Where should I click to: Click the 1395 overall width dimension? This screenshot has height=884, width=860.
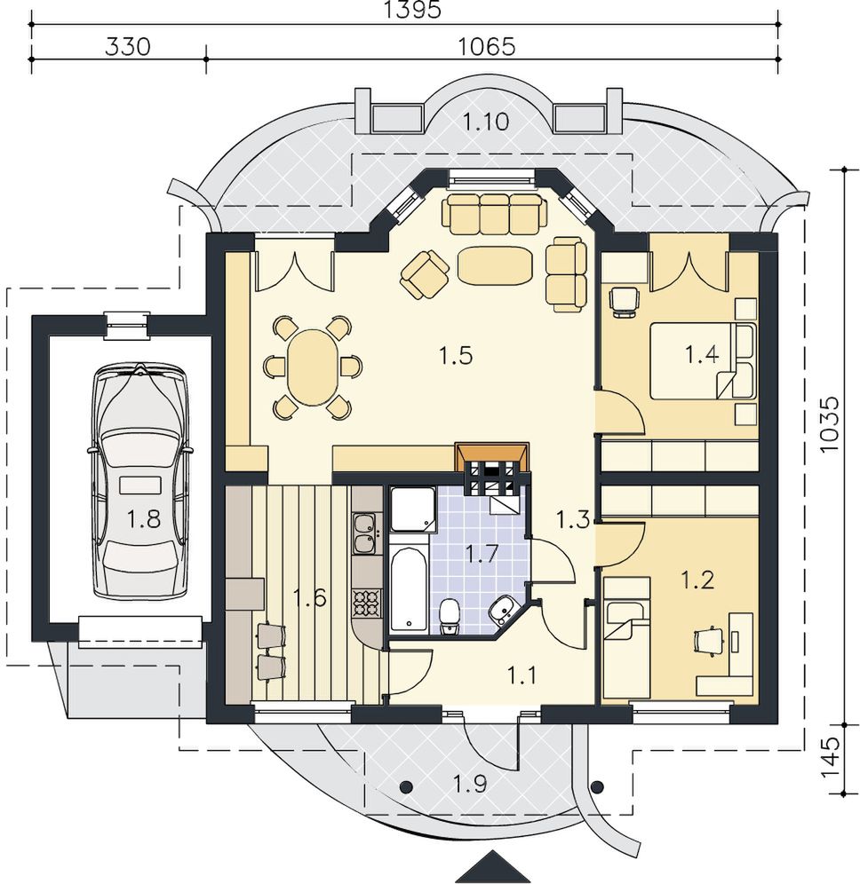(x=411, y=10)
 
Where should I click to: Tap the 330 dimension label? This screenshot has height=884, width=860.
(x=128, y=46)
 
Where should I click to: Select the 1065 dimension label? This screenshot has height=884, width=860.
(x=486, y=46)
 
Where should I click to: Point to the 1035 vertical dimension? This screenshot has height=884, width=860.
(x=830, y=424)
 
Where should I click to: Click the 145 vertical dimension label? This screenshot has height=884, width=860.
(x=830, y=758)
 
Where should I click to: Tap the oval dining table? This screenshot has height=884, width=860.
(x=314, y=367)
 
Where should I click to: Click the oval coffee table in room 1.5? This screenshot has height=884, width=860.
(x=495, y=265)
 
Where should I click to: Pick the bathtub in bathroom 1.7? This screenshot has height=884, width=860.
(x=409, y=588)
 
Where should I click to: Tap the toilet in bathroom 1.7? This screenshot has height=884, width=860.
(x=450, y=617)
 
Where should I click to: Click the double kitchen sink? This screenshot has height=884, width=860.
(x=366, y=533)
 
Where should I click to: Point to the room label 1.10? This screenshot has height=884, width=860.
(x=486, y=122)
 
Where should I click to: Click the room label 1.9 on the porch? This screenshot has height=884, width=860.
(x=471, y=784)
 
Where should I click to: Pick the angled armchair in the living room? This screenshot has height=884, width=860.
(x=426, y=274)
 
